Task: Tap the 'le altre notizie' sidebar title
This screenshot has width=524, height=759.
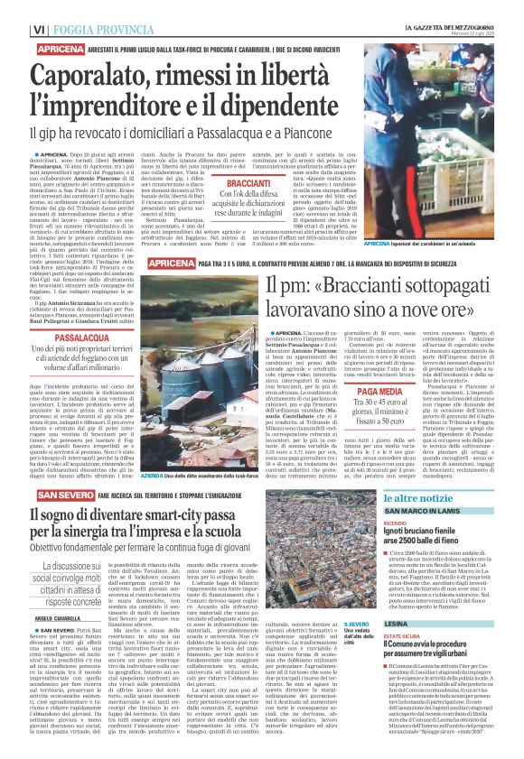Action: pyautogui.click(x=424, y=498)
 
